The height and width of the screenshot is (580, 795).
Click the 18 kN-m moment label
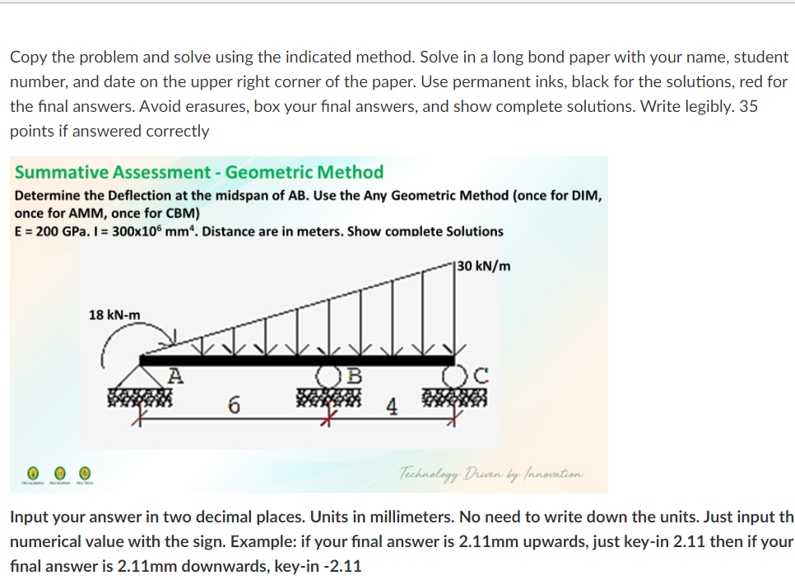[x=114, y=315]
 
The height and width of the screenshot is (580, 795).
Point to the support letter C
[x=483, y=378]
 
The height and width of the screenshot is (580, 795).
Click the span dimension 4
[x=393, y=406]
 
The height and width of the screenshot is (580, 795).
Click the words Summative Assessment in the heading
[x=113, y=172]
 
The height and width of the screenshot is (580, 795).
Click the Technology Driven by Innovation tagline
[x=491, y=472]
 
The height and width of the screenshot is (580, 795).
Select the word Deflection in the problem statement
[x=117, y=196]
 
